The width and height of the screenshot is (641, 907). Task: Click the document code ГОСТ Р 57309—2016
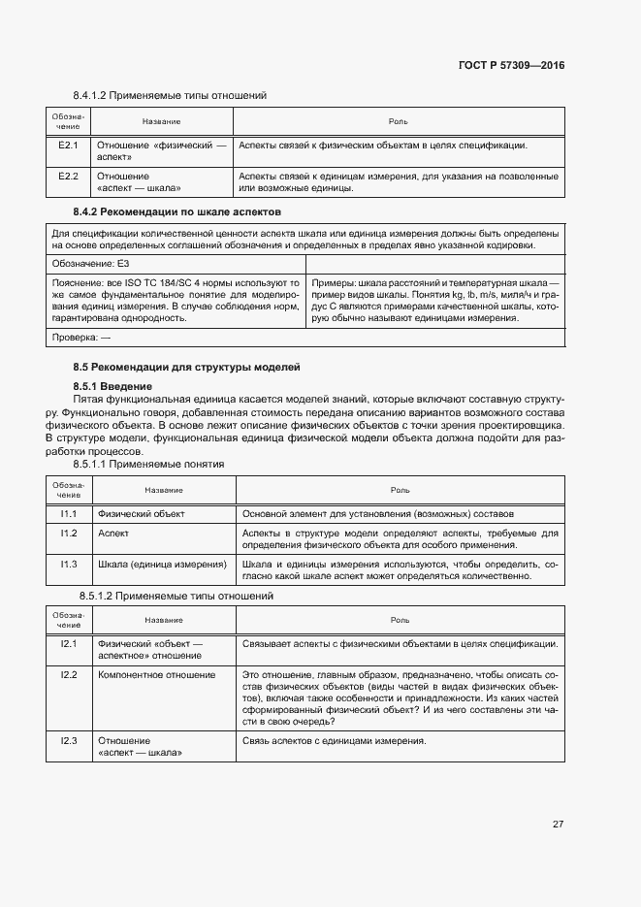[x=511, y=65]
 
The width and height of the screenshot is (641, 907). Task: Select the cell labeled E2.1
[x=68, y=146]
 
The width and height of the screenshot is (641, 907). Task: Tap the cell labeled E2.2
[x=68, y=177]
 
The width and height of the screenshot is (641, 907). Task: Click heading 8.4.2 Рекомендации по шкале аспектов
[x=176, y=211]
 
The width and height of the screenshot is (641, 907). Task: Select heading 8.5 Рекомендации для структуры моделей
[x=186, y=368]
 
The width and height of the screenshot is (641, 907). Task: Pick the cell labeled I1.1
[x=68, y=513]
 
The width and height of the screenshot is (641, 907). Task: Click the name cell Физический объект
[x=142, y=513]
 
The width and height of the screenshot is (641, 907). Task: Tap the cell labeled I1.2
[x=68, y=534]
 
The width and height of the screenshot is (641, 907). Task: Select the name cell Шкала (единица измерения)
[x=162, y=565]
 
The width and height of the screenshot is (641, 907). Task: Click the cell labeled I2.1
[x=68, y=644]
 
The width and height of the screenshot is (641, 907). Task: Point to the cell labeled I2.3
[x=68, y=741]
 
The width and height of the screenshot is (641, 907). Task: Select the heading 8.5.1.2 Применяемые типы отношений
[x=176, y=596]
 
